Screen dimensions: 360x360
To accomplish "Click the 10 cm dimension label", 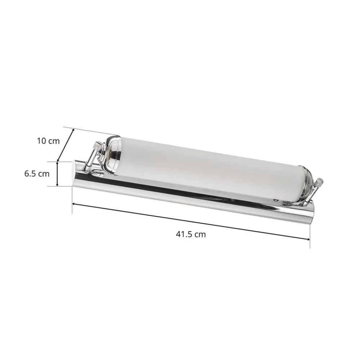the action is click(48, 141).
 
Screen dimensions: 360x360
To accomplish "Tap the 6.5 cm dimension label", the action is click(37, 174).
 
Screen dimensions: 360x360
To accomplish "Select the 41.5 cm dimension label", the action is click(191, 234).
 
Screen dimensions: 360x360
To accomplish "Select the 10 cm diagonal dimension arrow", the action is click(66, 145).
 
